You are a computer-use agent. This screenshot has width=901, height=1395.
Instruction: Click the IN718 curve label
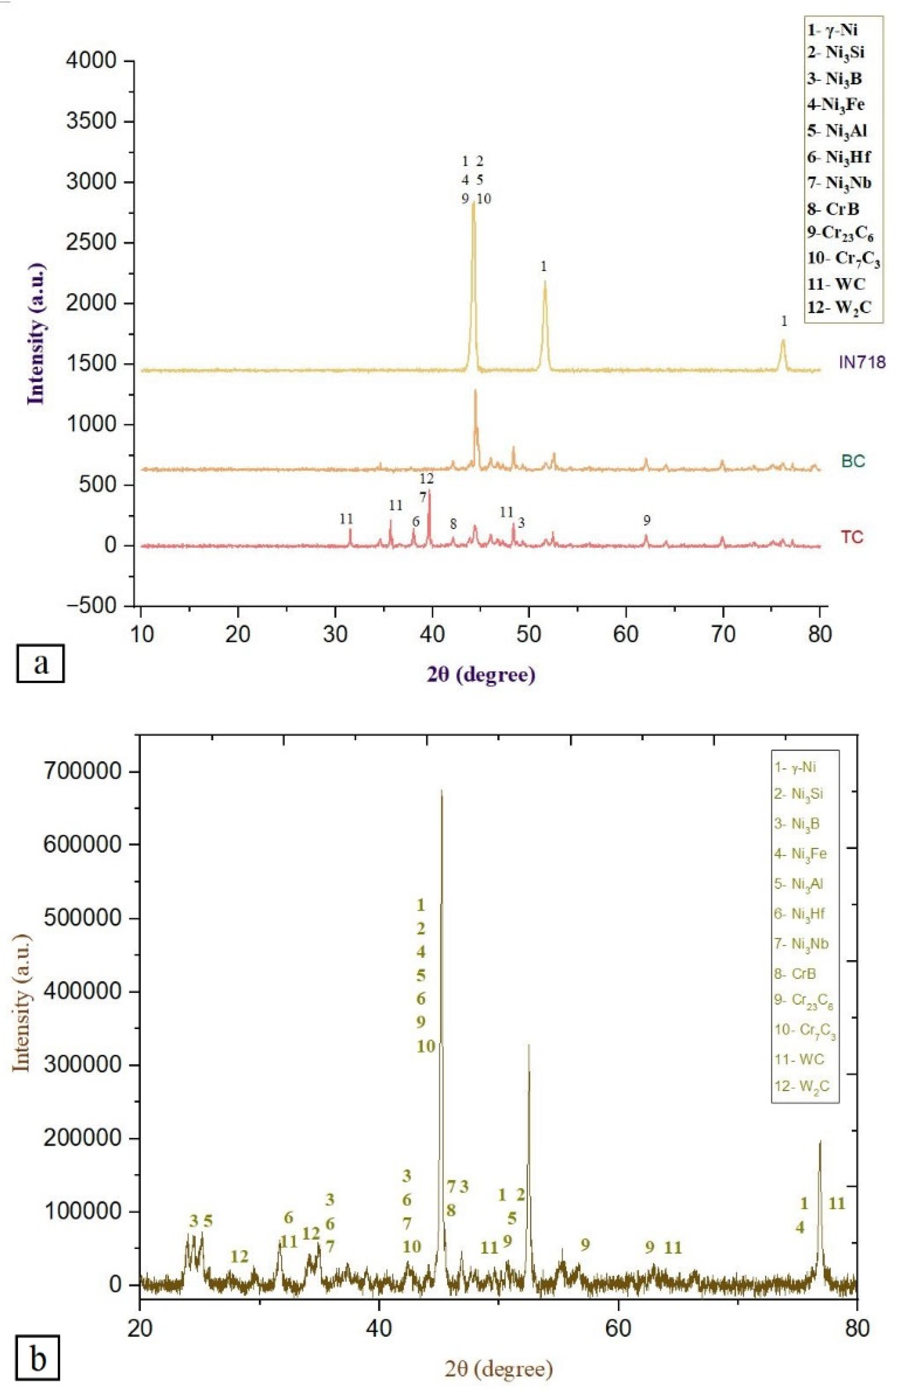coord(862,362)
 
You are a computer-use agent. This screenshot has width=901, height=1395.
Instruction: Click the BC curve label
coord(853,461)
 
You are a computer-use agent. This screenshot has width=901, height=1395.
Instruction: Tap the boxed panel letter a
coord(40,663)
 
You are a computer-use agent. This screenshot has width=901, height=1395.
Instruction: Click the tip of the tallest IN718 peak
coord(473,203)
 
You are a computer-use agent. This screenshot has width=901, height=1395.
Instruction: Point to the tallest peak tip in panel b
coord(441,791)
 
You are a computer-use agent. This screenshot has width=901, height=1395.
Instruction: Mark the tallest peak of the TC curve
coord(430,491)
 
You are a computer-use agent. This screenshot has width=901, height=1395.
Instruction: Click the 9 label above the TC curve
coord(647,520)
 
